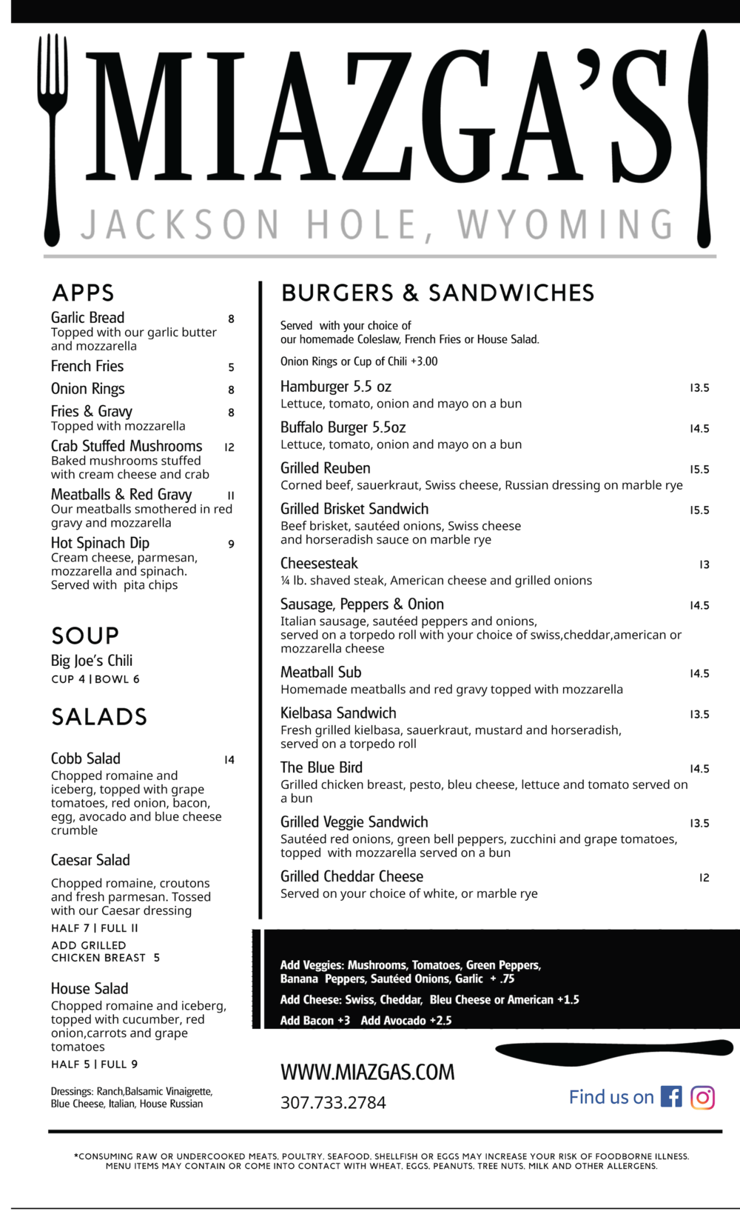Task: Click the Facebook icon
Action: (671, 1096)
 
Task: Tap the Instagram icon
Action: (702, 1097)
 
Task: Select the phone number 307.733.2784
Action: (333, 1103)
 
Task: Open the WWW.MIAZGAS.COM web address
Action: (367, 1073)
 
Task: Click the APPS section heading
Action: (83, 293)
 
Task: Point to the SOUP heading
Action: (85, 636)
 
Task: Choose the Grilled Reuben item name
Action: (325, 468)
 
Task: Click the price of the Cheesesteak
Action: (704, 564)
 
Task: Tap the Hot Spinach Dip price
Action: (231, 544)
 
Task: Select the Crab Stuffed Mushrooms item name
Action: (127, 446)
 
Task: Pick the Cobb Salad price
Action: (229, 760)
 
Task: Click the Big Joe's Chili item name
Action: (92, 661)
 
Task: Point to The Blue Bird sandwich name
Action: (321, 767)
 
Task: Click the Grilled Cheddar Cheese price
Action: (704, 878)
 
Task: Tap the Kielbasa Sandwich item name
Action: (338, 713)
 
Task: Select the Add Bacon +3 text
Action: (315, 1021)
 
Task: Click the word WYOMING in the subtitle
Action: (566, 225)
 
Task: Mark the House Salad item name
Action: (90, 989)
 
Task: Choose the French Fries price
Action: (231, 367)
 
